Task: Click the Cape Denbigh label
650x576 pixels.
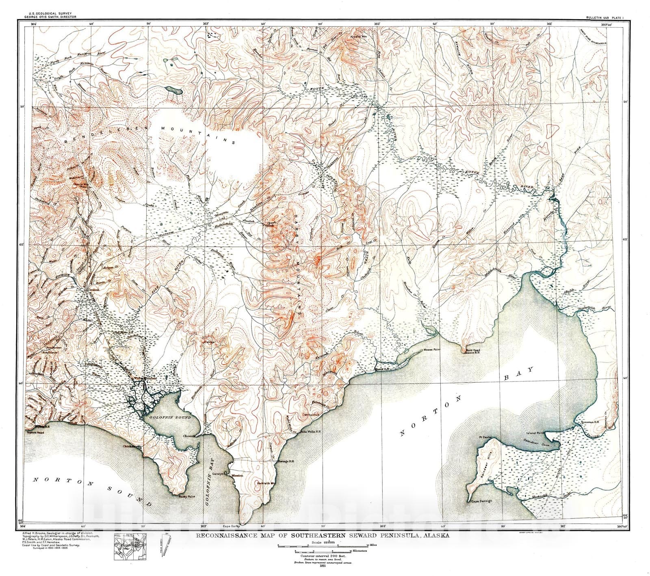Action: (x=481, y=501)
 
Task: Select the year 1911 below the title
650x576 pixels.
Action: (x=323, y=565)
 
